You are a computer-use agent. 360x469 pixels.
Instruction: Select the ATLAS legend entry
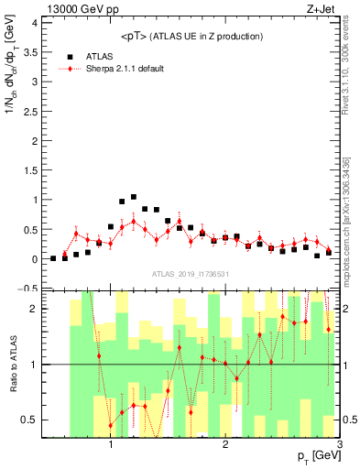pyautogui.click(x=96, y=56)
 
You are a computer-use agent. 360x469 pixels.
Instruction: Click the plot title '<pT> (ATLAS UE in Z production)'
pyautogui.click(x=191, y=36)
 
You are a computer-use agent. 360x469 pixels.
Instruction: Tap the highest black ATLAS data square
pyautogui.click(x=134, y=197)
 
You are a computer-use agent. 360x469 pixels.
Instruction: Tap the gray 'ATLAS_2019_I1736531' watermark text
pyautogui.click(x=190, y=274)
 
